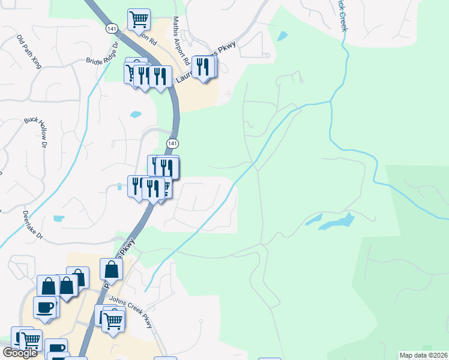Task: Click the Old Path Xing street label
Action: [x=29, y=51]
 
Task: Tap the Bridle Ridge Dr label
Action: [x=103, y=52]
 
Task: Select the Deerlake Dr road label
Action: [x=33, y=223]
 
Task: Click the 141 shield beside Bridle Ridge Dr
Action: [x=112, y=28]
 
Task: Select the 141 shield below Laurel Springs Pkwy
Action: [x=172, y=143]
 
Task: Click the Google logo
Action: [x=20, y=353]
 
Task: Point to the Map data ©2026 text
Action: [x=424, y=355]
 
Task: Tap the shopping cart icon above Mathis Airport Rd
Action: [x=139, y=19]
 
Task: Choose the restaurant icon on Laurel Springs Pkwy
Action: [x=203, y=67]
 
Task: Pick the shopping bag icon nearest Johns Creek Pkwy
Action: [x=111, y=269]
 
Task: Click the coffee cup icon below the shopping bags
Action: [x=46, y=307]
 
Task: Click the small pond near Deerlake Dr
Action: [x=58, y=219]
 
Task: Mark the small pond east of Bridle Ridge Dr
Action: [x=136, y=113]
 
